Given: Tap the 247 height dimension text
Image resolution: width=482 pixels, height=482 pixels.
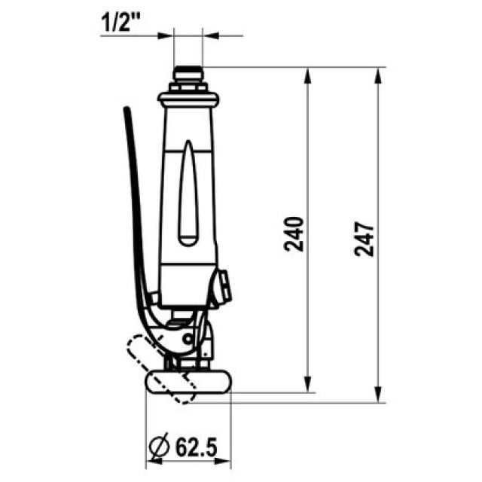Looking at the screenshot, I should [x=364, y=239].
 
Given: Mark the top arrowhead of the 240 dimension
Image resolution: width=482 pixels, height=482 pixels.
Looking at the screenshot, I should [x=308, y=74].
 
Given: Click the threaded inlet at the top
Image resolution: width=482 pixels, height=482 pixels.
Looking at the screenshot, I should [x=188, y=75].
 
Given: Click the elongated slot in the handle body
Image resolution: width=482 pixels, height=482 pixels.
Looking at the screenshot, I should [x=188, y=196].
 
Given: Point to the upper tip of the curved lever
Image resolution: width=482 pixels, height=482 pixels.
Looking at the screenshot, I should [x=127, y=111].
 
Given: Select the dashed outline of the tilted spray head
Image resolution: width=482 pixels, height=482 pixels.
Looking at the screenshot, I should [x=154, y=361].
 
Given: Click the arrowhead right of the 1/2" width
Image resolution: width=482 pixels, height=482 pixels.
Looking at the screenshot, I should [x=209, y=35].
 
